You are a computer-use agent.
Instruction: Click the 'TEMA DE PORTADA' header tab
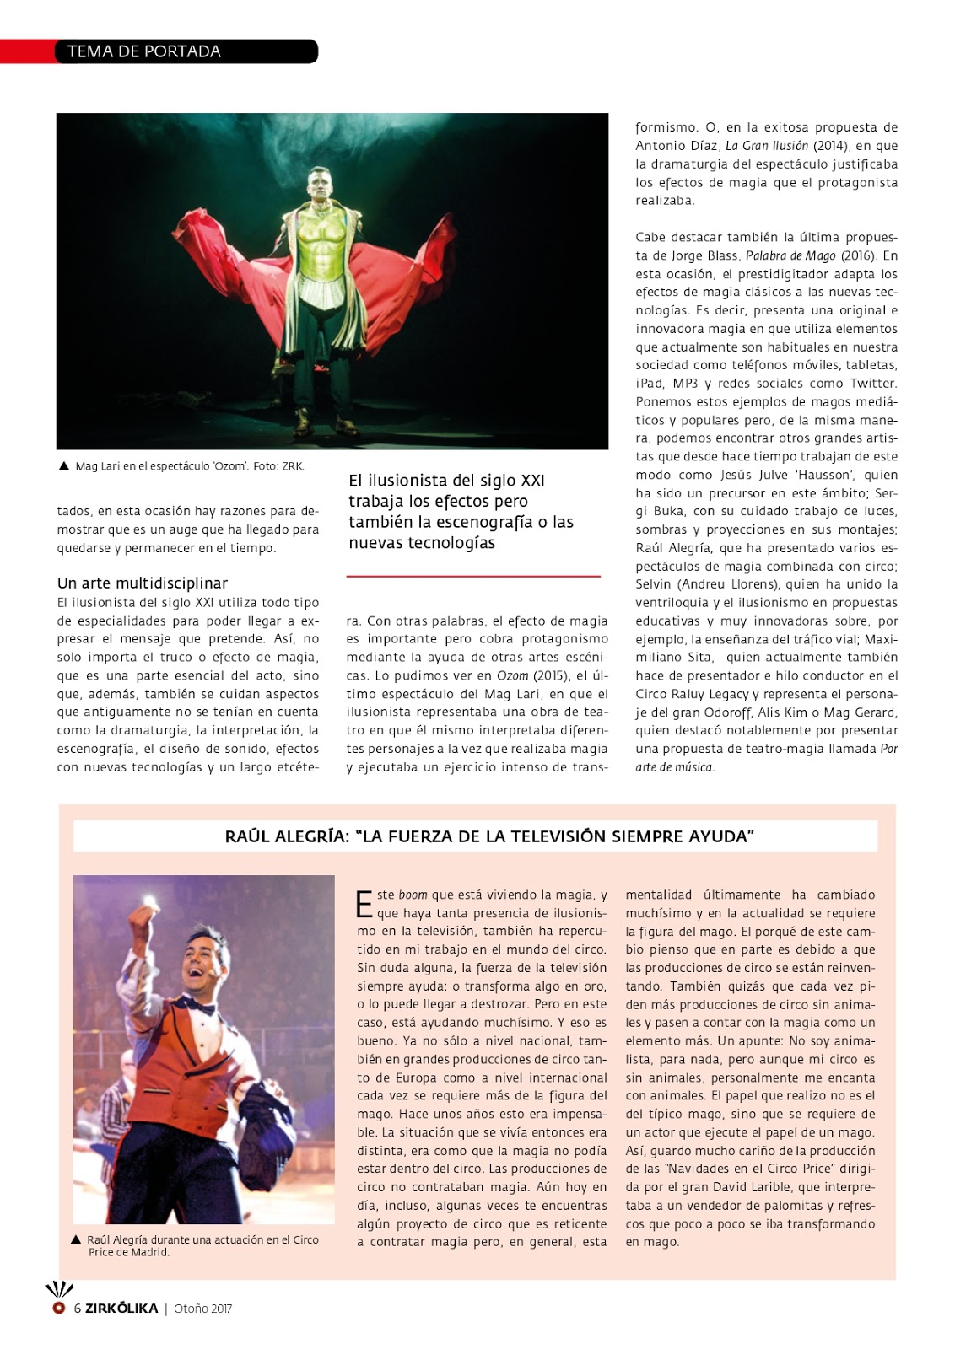pyautogui.click(x=144, y=51)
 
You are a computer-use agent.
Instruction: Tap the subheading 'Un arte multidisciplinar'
pyautogui.click(x=142, y=583)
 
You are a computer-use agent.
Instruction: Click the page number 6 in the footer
pyautogui.click(x=78, y=1309)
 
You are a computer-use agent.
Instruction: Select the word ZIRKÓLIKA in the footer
pyautogui.click(x=121, y=1309)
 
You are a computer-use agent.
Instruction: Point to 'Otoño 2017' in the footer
pyautogui.click(x=202, y=1309)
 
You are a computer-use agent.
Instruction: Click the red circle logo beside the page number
pyautogui.click(x=58, y=1309)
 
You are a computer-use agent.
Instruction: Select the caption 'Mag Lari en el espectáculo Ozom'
pyautogui.click(x=189, y=466)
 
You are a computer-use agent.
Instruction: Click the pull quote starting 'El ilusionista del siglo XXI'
pyautogui.click(x=461, y=511)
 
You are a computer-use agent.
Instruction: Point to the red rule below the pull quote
pyautogui.click(x=472, y=577)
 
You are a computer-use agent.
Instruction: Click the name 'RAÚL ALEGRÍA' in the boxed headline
pyautogui.click(x=286, y=836)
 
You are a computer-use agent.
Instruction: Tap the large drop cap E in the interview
pyautogui.click(x=364, y=904)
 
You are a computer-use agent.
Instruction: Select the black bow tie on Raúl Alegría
pyautogui.click(x=201, y=1007)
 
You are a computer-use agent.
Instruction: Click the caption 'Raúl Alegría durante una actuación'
pyautogui.click(x=202, y=1245)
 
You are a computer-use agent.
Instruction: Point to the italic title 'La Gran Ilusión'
pyautogui.click(x=766, y=146)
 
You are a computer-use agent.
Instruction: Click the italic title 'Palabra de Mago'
pyautogui.click(x=790, y=255)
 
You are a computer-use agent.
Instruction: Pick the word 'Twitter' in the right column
pyautogui.click(x=873, y=384)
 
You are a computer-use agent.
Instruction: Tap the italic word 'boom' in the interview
pyautogui.click(x=413, y=895)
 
